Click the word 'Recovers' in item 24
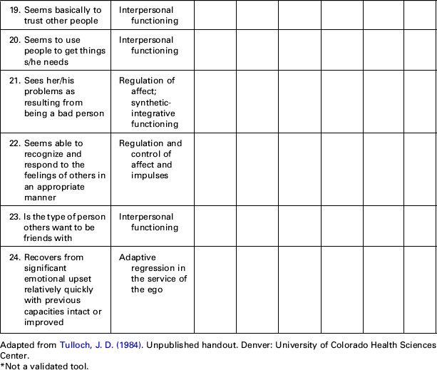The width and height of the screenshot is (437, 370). tap(44, 257)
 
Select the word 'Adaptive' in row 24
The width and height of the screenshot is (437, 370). tap(137, 257)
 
